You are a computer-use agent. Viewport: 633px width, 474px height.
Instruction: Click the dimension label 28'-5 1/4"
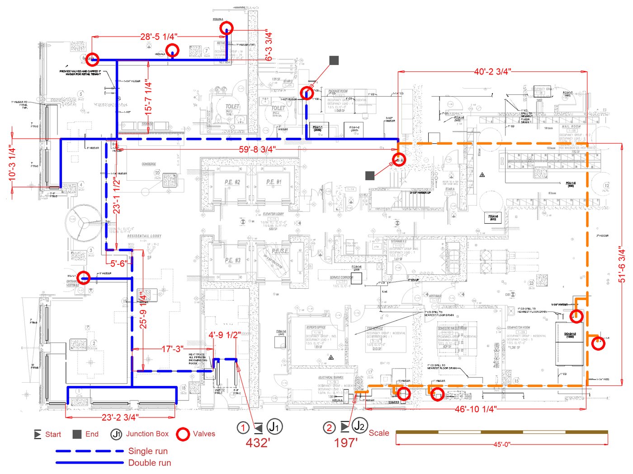(x=158, y=37)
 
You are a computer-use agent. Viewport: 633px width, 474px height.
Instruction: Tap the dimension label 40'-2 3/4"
(x=492, y=71)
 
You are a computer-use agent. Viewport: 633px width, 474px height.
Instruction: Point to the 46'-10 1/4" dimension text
(x=476, y=409)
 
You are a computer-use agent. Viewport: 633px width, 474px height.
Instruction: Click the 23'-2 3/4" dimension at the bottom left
(x=120, y=417)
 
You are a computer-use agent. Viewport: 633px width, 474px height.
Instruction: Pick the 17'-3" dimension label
(x=172, y=349)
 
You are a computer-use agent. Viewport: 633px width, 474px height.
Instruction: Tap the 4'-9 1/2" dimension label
(x=224, y=335)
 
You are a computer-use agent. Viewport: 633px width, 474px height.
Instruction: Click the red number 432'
(x=258, y=443)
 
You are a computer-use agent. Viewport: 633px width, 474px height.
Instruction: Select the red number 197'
(x=346, y=443)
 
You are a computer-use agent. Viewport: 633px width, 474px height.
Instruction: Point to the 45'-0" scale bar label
(x=501, y=444)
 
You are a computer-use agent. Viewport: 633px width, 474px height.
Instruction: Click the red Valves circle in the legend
(x=183, y=434)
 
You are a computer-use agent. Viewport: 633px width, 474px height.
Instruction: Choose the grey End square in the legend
(x=77, y=434)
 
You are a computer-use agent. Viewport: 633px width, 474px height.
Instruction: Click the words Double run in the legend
(x=150, y=463)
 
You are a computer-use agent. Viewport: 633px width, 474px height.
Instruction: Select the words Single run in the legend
(x=148, y=451)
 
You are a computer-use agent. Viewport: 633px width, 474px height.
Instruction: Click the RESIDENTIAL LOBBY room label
(x=144, y=236)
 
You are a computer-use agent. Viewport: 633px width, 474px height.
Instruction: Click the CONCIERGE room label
(x=149, y=164)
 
